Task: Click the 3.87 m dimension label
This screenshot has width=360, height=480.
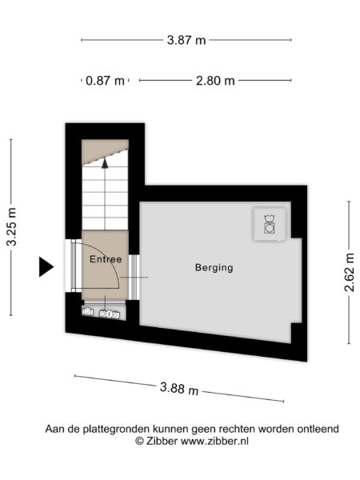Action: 185,39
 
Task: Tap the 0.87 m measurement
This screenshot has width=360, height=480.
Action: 107,80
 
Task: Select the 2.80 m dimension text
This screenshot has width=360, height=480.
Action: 215,80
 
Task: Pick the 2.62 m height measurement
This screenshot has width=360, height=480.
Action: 349,273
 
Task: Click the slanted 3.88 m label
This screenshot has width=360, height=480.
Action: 178,389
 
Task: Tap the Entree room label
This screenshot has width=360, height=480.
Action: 105,259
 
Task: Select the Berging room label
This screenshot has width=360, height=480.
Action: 214,268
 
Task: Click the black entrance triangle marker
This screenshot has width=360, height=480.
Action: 46,266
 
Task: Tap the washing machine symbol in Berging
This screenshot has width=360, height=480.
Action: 270,225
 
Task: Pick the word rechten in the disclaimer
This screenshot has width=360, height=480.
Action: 238,429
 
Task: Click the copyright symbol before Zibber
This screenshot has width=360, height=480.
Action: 139,441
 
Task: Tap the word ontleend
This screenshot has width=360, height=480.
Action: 318,429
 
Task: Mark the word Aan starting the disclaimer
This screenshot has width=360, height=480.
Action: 54,429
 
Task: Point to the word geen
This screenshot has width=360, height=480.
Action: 204,429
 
